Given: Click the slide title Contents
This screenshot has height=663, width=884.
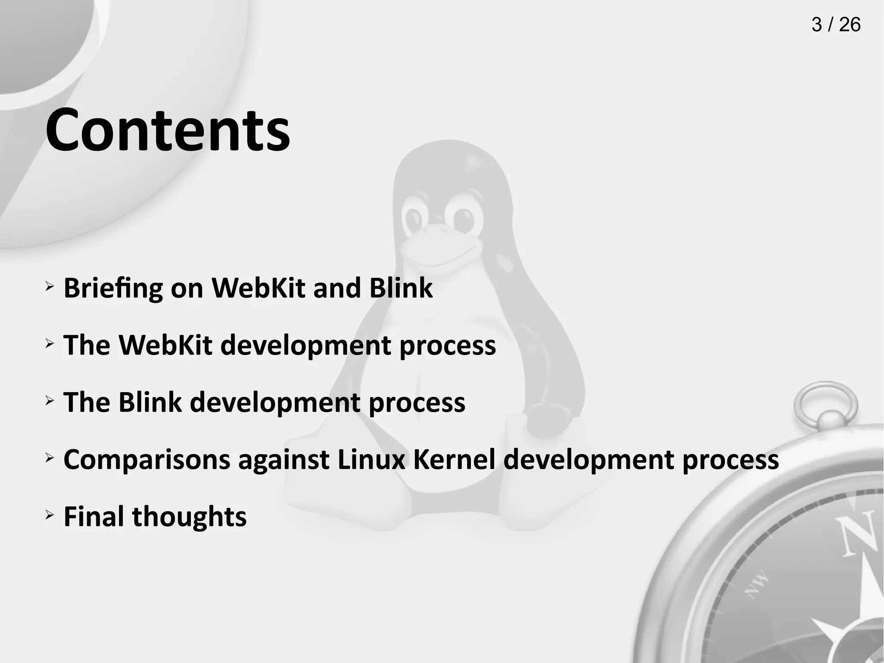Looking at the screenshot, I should click(x=167, y=129).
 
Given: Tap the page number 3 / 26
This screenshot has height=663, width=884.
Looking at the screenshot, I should click(x=836, y=25).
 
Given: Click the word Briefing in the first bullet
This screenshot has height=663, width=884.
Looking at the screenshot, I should click(x=113, y=288).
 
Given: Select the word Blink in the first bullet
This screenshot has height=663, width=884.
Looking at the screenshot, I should click(x=401, y=288).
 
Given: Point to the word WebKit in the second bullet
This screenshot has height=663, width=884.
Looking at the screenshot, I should click(x=165, y=345).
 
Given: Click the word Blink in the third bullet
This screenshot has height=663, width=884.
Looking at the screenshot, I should click(x=150, y=402).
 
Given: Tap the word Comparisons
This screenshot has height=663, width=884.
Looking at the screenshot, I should click(x=147, y=460).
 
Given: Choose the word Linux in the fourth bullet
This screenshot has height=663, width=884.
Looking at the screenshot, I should click(x=371, y=459).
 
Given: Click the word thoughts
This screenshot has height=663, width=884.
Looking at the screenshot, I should click(x=189, y=517).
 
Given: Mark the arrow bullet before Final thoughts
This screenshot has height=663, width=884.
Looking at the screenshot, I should click(x=50, y=515).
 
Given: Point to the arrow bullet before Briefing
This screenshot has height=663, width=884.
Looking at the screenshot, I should click(x=50, y=286).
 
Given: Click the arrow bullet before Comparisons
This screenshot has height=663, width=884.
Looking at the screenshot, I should click(x=50, y=457).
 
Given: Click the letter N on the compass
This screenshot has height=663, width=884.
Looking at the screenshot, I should click(x=857, y=533).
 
